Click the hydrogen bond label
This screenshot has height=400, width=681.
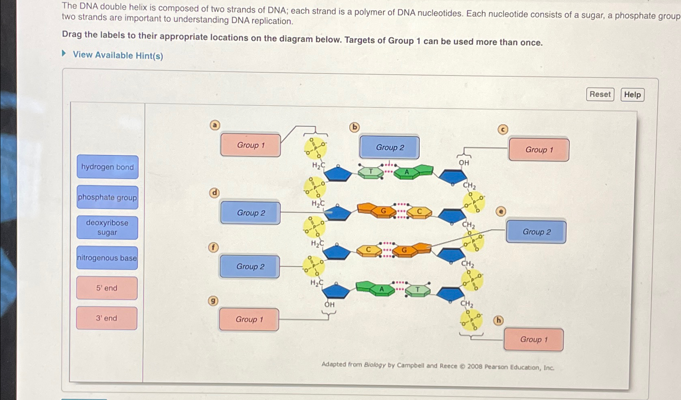[107, 167]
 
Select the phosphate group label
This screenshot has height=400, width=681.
[107, 198]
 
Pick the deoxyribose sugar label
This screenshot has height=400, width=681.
[107, 227]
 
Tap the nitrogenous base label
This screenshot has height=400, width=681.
[107, 258]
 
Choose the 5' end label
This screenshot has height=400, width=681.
[107, 288]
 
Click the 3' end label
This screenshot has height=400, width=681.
[106, 318]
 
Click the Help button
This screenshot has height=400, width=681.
[632, 95]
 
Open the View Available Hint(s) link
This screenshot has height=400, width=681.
[118, 55]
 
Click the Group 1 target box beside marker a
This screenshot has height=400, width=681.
[250, 145]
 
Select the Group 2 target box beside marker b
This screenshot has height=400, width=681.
[389, 147]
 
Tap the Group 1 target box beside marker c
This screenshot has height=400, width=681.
[539, 150]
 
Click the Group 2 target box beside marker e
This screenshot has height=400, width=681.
[536, 232]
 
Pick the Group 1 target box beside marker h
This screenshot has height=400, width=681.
[533, 339]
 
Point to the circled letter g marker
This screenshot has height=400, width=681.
[213, 301]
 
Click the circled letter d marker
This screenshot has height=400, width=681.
[214, 193]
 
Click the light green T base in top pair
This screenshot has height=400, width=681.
[371, 172]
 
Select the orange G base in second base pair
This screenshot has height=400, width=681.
[382, 211]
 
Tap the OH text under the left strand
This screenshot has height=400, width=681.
[329, 305]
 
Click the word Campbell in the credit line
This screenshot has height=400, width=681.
[410, 365]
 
